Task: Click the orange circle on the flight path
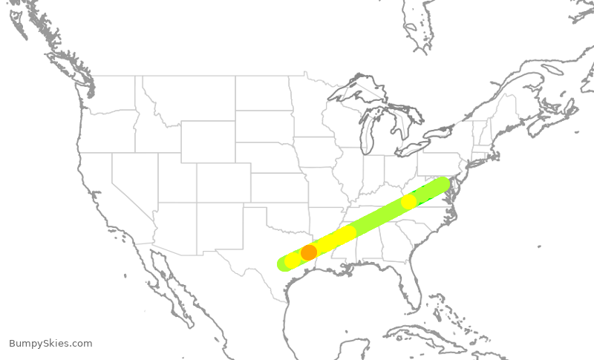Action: pos(309,252)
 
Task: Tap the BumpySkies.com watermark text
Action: pos(50,344)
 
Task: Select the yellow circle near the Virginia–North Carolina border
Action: pos(408,201)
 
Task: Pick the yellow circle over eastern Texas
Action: pos(293,260)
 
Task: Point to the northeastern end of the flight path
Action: pos(443,183)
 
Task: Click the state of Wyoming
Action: pos(208,141)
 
